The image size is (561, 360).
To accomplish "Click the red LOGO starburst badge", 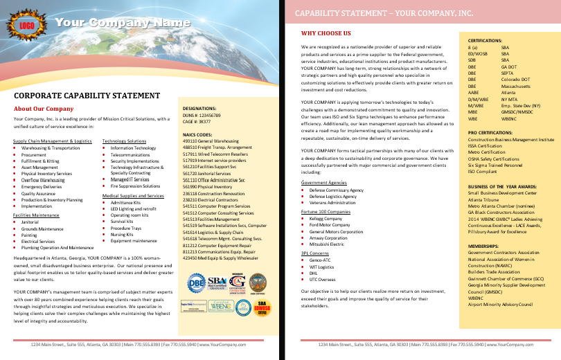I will click(26, 26).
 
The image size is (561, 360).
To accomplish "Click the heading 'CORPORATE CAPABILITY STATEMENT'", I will click(87, 96).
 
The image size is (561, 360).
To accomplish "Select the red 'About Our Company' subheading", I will click(44, 109).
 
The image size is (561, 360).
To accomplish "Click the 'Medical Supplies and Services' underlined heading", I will click(134, 196).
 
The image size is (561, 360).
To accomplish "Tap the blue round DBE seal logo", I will click(196, 284).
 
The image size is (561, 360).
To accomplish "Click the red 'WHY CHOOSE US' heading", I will click(326, 33).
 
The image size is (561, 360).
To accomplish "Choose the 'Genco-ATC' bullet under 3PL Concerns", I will click(320, 260).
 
